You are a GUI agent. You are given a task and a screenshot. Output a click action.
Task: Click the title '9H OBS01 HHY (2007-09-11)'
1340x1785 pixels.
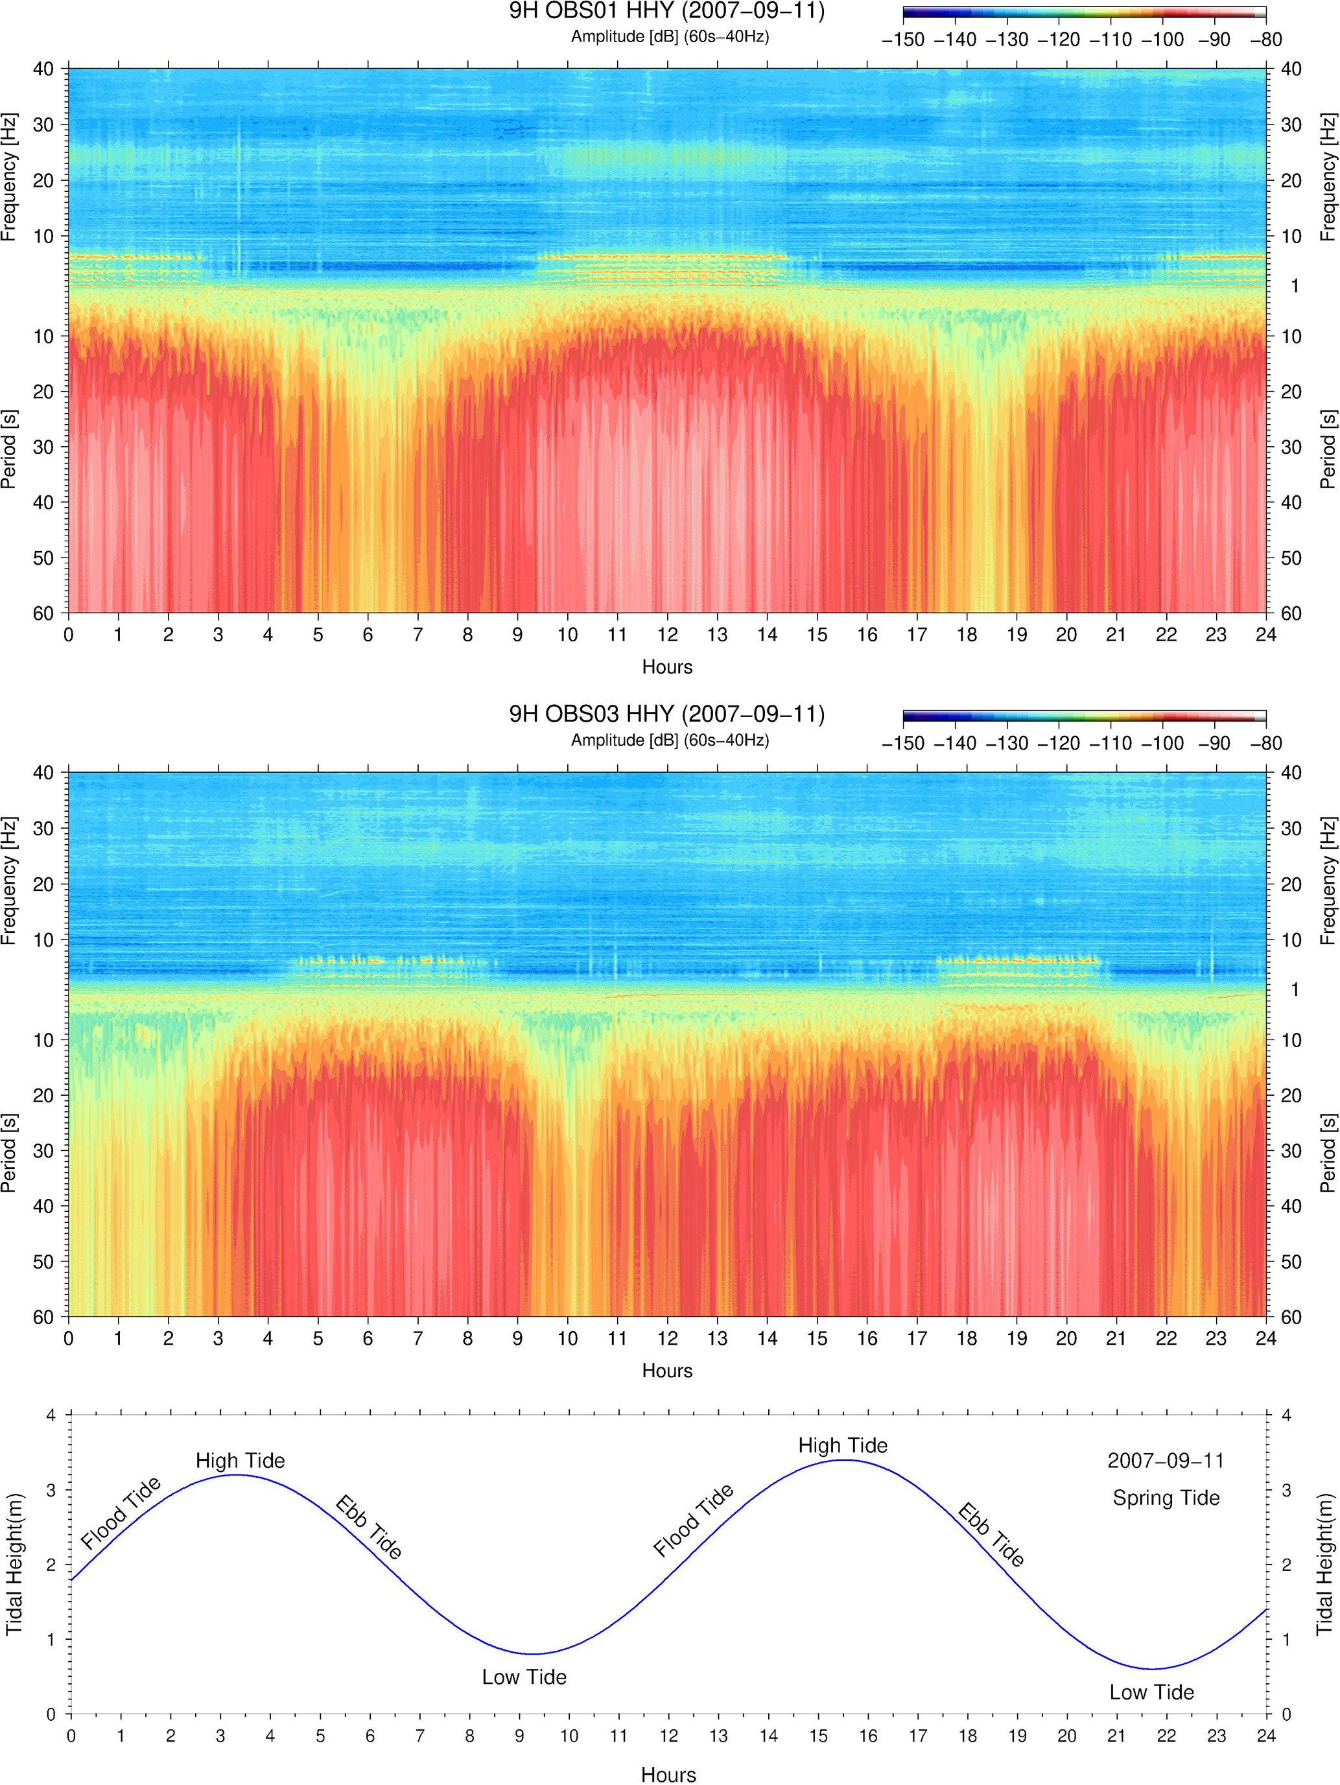(666, 12)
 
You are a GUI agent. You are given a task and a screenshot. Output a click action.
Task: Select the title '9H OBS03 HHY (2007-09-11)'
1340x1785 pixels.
(666, 714)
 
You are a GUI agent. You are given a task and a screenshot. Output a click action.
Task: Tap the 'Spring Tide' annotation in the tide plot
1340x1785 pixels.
(1166, 1498)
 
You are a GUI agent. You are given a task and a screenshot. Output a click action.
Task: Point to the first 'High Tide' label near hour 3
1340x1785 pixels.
(241, 1461)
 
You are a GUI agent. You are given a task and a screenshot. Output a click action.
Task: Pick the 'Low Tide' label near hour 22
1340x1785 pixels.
(1151, 1692)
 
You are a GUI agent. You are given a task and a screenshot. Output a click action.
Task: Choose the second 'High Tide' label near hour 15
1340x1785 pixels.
(843, 1445)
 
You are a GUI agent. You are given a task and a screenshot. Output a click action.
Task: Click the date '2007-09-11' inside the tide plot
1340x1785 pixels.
(1166, 1461)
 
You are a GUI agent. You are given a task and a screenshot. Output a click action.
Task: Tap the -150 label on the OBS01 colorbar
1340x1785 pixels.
(903, 40)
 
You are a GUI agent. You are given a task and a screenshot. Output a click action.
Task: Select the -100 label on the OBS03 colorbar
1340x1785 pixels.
(1162, 743)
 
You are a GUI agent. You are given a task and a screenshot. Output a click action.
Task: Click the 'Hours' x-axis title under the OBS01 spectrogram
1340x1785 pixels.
(667, 667)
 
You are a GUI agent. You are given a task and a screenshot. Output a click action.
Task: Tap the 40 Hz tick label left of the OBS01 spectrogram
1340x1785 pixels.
(43, 69)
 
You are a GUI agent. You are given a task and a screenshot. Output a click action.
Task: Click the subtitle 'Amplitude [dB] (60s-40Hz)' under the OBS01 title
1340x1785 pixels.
(670, 36)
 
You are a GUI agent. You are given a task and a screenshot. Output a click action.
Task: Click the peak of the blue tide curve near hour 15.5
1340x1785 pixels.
(843, 1460)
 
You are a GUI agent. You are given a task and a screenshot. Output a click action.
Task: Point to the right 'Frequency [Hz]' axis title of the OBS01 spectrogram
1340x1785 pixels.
(1328, 177)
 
